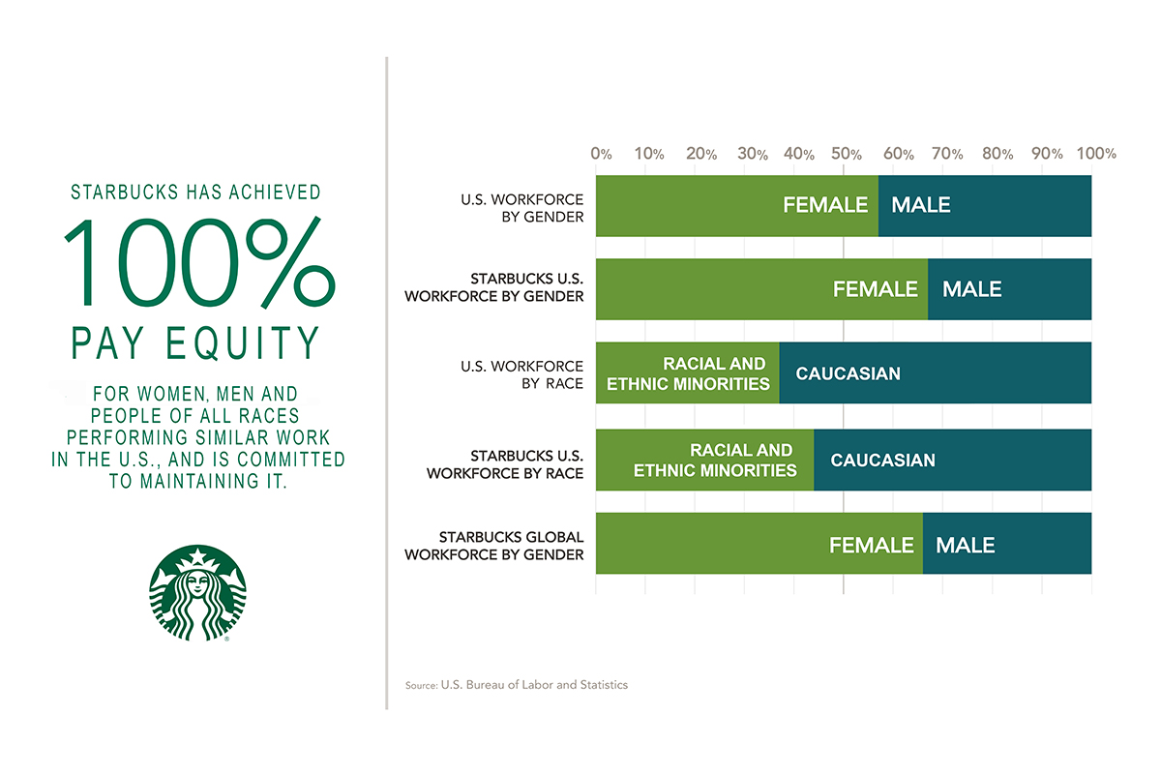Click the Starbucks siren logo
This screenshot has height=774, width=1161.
(197, 593)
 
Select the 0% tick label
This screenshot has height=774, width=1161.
(601, 154)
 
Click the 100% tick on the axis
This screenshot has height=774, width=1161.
(1096, 154)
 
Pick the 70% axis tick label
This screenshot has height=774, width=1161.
(947, 154)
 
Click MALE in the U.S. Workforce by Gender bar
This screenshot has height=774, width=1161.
(920, 205)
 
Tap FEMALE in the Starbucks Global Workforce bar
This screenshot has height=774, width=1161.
(871, 545)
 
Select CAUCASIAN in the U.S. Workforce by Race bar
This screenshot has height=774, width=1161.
(848, 373)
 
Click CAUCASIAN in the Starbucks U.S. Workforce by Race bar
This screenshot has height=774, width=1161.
(882, 460)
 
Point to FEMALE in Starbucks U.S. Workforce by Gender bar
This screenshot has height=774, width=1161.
(875, 288)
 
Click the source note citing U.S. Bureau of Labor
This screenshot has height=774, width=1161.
(517, 685)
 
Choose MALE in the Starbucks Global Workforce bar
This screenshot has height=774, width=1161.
(965, 545)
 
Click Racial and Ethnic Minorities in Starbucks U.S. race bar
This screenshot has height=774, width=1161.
(715, 461)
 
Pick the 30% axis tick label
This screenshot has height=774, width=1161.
(749, 154)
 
